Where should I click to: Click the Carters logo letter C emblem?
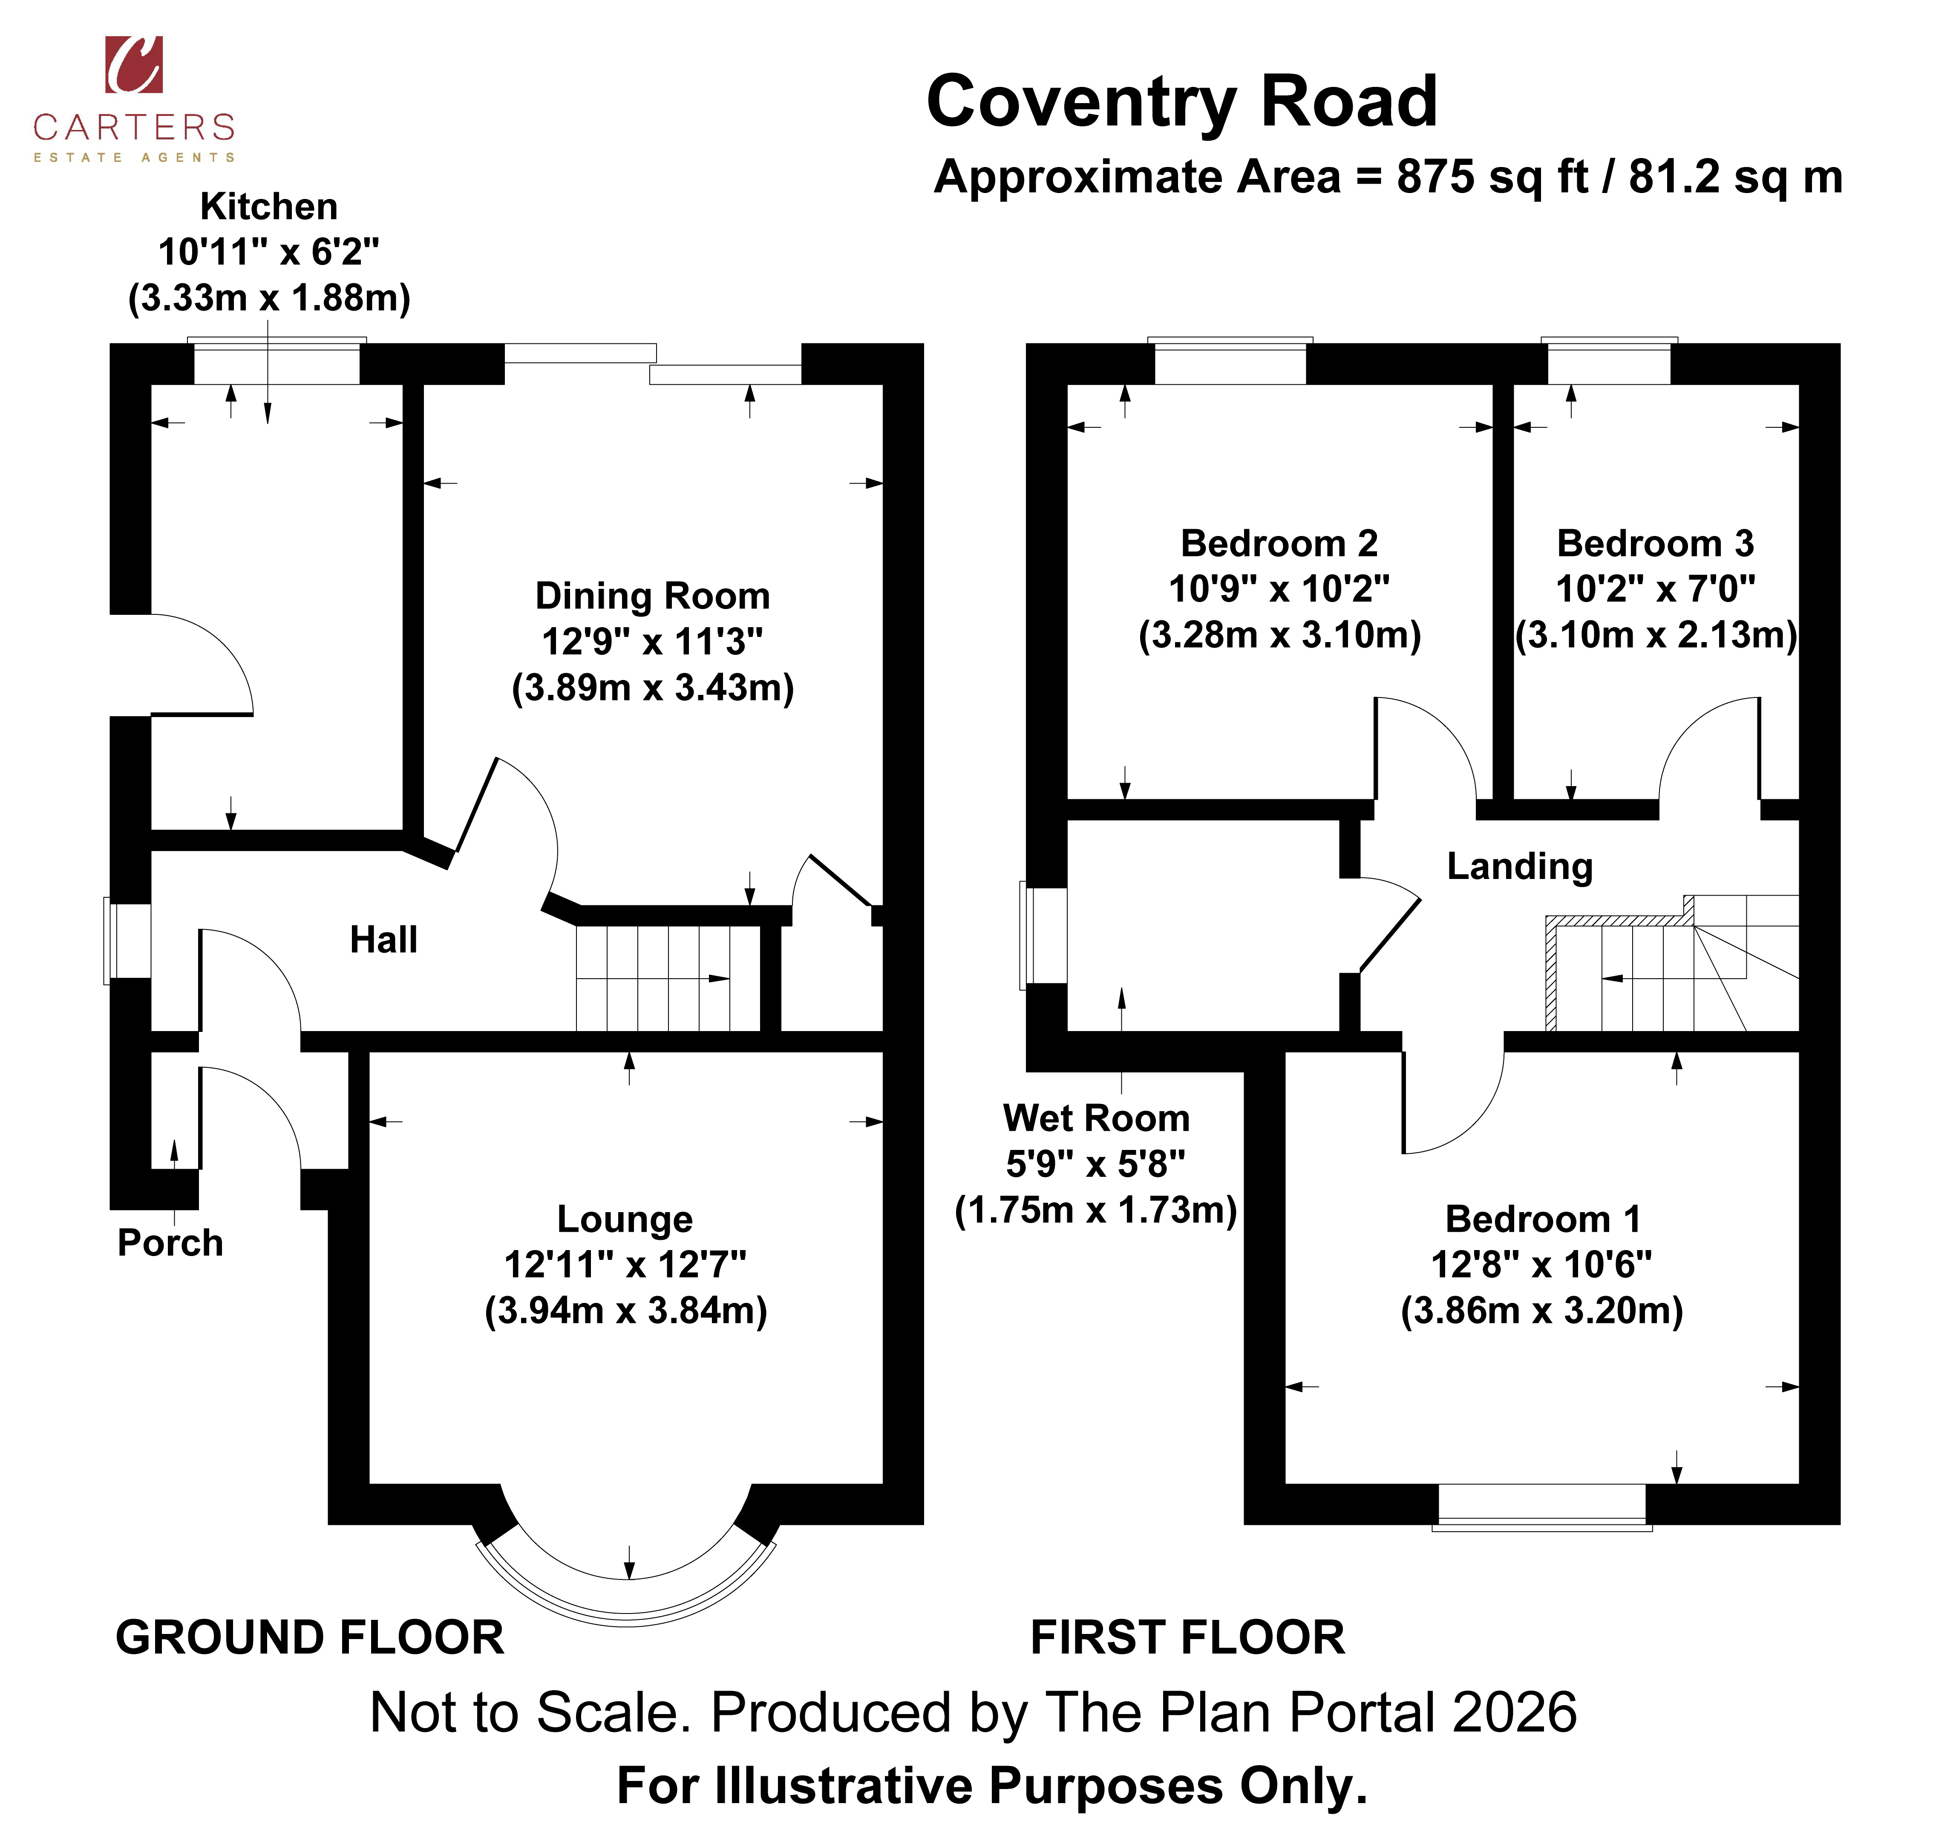(x=134, y=65)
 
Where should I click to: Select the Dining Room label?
(x=653, y=596)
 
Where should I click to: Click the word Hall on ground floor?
(x=383, y=940)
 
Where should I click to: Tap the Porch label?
(x=170, y=1242)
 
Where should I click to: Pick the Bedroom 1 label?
(x=1542, y=1219)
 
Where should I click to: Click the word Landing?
(x=1520, y=866)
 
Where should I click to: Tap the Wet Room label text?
(x=1096, y=1118)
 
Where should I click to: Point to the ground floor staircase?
(x=668, y=978)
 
